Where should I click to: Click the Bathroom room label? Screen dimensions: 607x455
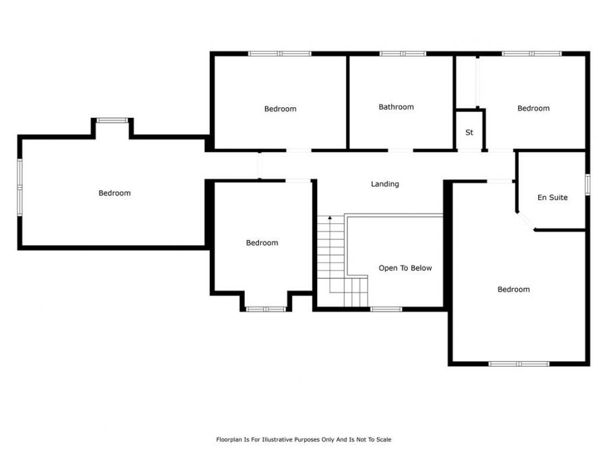click(396, 107)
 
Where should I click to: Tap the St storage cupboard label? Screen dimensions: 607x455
click(469, 132)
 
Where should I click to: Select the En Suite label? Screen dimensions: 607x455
click(552, 198)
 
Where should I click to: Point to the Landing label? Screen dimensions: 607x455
click(385, 184)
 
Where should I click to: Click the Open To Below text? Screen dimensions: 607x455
click(405, 268)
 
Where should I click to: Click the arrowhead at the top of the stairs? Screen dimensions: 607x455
click(330, 218)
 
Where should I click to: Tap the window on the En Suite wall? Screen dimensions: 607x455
click(587, 184)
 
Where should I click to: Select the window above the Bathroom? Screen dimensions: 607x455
click(403, 54)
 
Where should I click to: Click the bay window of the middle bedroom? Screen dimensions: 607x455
click(266, 309)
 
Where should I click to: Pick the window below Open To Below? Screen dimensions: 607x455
click(386, 309)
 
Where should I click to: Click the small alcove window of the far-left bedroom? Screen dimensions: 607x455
click(112, 121)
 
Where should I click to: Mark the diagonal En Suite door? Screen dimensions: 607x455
click(525, 221)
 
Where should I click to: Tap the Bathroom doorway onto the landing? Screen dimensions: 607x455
click(400, 150)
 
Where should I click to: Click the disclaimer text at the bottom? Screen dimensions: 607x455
click(303, 439)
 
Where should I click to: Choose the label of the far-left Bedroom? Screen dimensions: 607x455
click(115, 193)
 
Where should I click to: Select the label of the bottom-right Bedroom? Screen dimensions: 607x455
click(514, 289)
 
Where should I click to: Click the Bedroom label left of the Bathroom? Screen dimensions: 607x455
click(281, 109)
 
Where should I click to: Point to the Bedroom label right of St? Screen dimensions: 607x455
click(533, 109)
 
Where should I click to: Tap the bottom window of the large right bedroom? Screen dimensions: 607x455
click(519, 364)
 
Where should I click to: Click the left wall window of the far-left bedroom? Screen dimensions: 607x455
click(20, 187)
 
